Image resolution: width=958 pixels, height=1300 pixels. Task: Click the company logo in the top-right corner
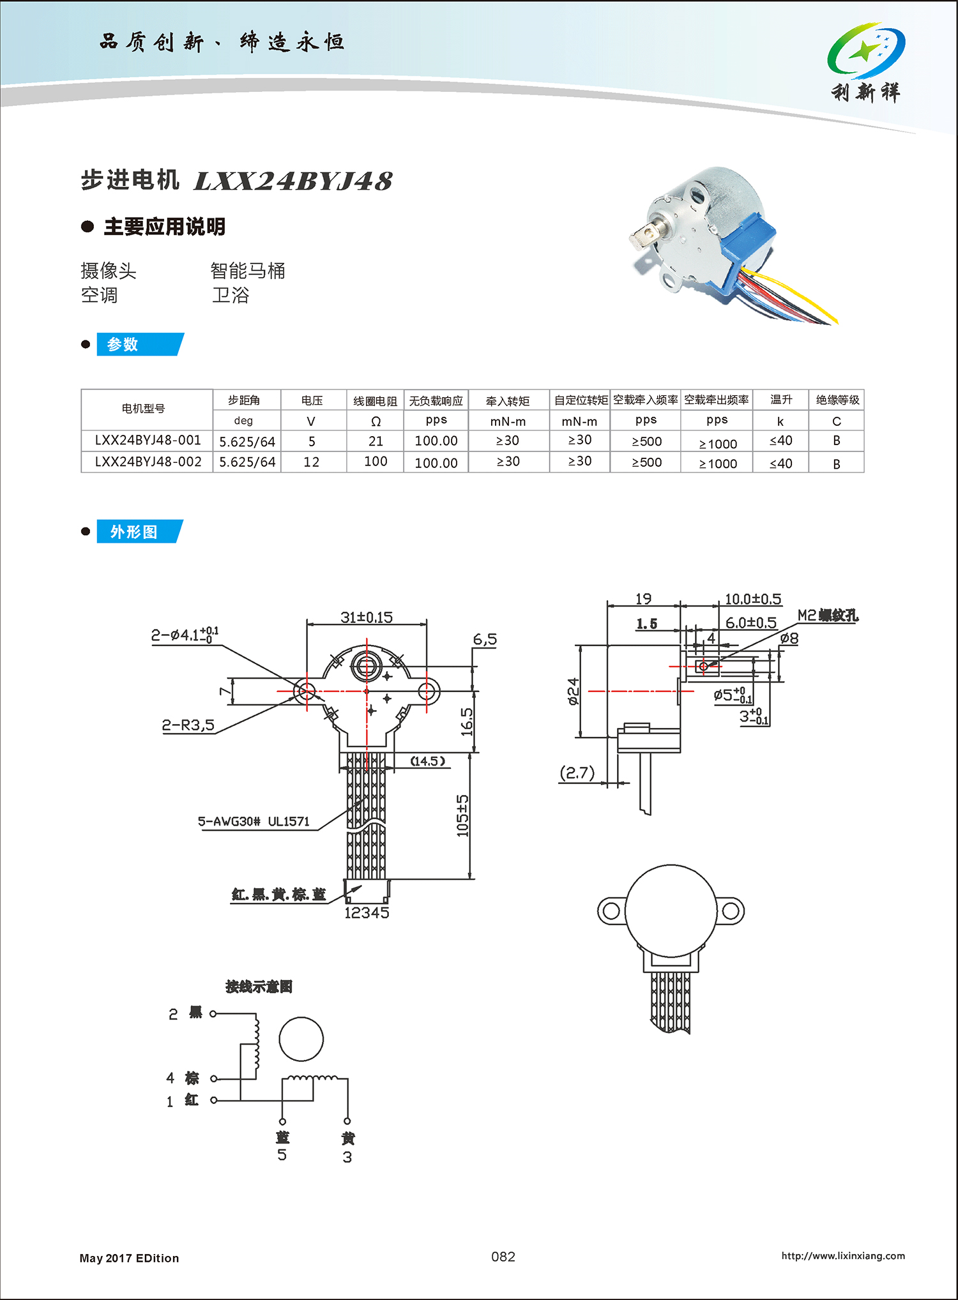[x=866, y=62]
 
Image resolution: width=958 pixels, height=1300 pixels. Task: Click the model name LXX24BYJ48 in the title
[x=293, y=182]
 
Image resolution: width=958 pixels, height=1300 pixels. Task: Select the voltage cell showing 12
[x=311, y=462]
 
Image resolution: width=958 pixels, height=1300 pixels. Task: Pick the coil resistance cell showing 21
[x=376, y=441]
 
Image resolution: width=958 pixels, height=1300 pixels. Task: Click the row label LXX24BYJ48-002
[x=148, y=462]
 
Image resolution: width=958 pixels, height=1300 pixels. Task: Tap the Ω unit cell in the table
[x=376, y=421]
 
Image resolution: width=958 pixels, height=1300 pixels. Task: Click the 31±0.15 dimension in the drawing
[x=366, y=617]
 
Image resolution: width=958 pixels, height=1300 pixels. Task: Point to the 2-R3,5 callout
[x=188, y=725]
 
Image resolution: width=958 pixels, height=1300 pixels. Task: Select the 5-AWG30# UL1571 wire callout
[x=254, y=822]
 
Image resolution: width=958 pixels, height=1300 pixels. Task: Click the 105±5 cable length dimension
[x=463, y=815]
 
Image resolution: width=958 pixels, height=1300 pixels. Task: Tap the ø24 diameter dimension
[x=573, y=692]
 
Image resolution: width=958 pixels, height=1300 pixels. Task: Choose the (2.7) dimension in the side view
[x=577, y=773]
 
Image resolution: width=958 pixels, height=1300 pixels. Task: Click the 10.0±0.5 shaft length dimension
[x=752, y=599]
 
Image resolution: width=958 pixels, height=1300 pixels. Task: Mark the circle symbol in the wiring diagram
[x=301, y=1039]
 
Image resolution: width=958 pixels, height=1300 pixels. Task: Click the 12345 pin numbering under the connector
[x=367, y=913]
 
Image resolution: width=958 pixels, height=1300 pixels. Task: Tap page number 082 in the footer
[x=503, y=1257]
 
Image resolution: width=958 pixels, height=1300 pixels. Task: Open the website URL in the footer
[x=843, y=1256]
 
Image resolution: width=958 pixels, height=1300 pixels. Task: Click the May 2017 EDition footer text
[x=129, y=1258]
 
